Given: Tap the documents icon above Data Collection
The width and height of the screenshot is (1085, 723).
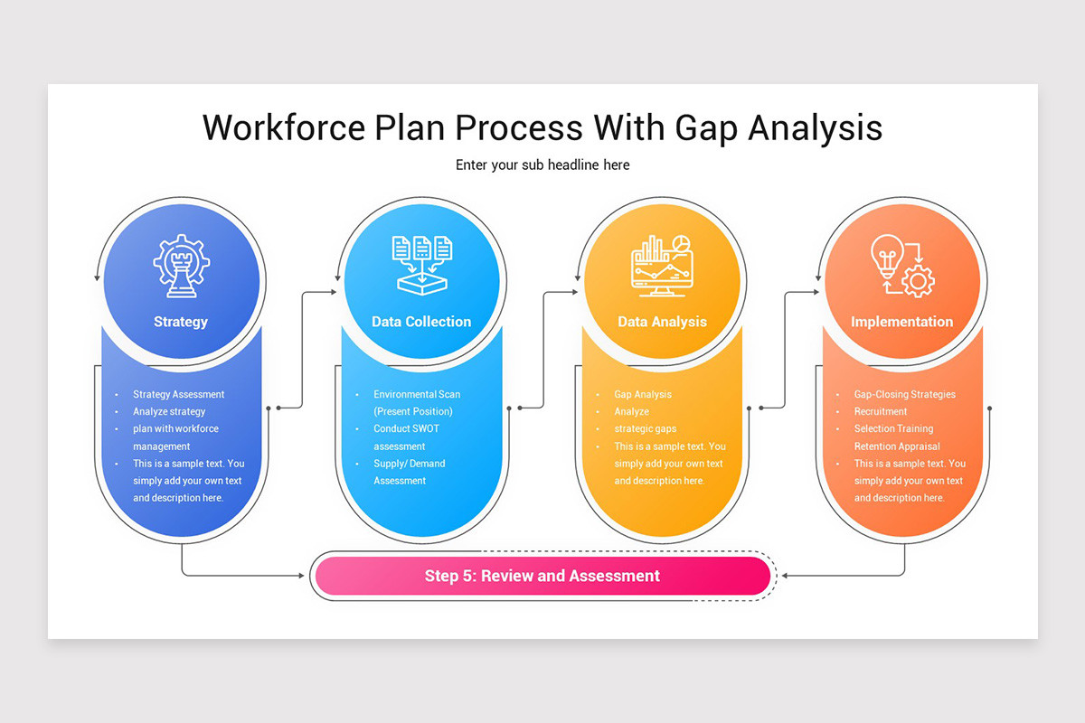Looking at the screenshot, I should click(x=421, y=264).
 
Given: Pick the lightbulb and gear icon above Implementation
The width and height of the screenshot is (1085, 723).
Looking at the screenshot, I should click(x=901, y=266).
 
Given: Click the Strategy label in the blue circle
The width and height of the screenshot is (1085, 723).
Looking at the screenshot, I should click(x=181, y=322).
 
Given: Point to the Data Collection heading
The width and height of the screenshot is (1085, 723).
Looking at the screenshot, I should click(x=421, y=322).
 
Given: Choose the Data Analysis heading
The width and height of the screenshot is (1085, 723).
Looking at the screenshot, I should click(x=662, y=322).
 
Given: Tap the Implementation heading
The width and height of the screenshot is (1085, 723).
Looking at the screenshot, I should click(x=901, y=322).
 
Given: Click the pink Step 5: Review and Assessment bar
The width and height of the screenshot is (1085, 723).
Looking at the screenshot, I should click(x=542, y=576).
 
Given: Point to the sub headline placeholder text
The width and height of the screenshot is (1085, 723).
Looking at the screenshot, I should click(x=542, y=164).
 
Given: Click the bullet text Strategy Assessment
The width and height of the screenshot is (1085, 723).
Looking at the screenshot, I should click(x=178, y=394).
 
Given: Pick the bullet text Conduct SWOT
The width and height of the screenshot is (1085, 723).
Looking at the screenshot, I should click(x=406, y=428).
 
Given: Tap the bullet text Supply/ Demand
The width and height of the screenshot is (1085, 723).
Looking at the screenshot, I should click(x=410, y=464).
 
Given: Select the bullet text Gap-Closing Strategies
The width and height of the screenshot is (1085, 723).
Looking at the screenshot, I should click(x=904, y=394).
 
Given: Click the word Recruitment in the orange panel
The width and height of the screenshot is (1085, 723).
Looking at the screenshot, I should click(x=881, y=411).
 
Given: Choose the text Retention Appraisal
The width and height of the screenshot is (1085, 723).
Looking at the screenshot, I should click(x=897, y=446).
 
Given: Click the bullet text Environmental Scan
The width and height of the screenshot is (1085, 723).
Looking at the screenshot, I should click(x=417, y=394).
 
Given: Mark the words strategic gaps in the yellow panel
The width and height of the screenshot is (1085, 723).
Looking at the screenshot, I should click(x=645, y=428).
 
